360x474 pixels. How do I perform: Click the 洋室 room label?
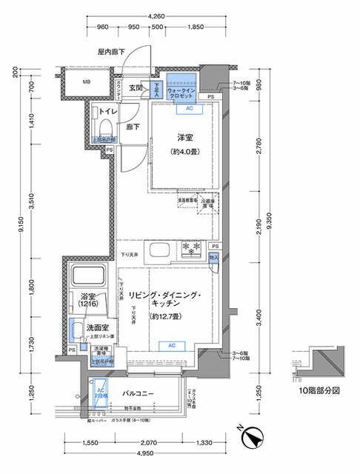click(185, 138)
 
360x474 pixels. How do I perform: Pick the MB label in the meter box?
click(87, 82)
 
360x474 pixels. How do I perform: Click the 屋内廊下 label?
click(111, 52)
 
